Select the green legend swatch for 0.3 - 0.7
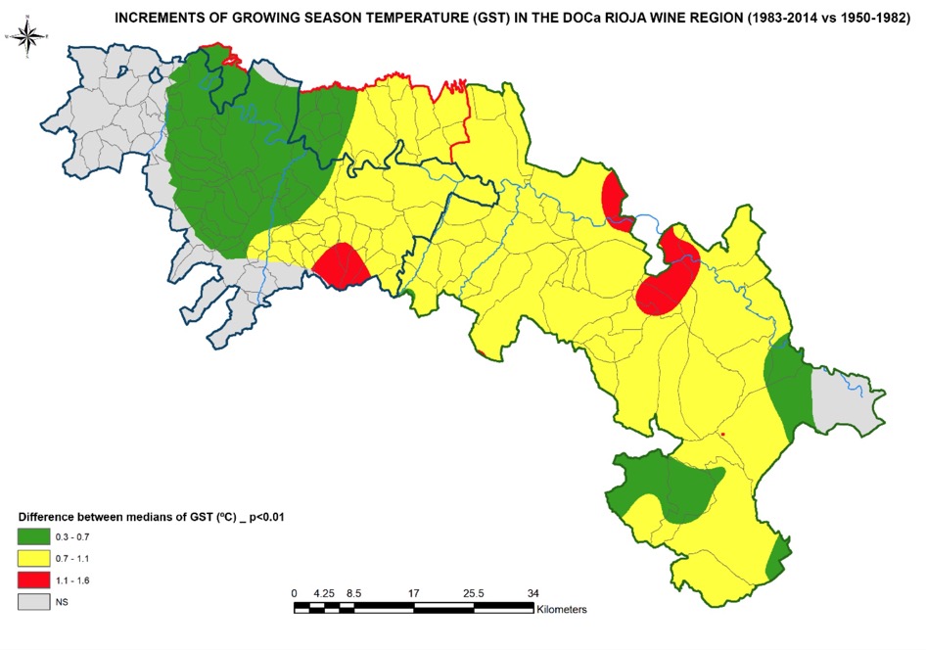coord(32,535)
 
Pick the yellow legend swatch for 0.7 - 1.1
coord(32,558)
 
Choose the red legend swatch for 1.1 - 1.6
coord(32,580)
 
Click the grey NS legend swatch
coord(32,603)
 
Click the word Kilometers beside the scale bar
coord(562,609)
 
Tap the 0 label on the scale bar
coord(295,593)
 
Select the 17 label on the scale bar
coord(414,593)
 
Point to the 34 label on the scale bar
coord(532,593)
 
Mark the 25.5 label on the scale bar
coord(473,593)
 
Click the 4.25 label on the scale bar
coord(324,593)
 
